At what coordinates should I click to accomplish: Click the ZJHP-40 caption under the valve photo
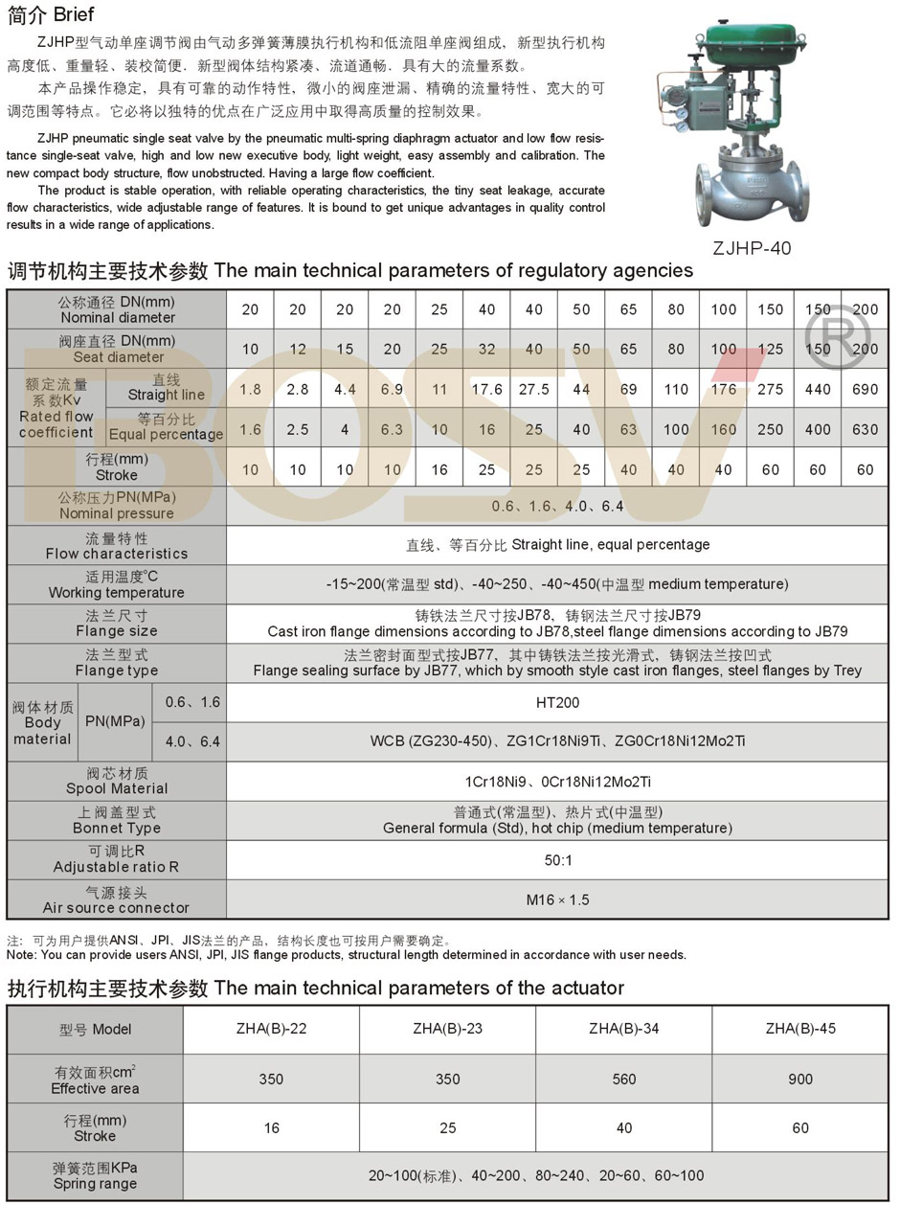coord(752,247)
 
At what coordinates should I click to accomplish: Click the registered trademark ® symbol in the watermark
coord(836,335)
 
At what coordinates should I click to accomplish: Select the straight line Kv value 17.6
coord(486,389)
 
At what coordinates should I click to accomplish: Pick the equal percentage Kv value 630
coord(865,428)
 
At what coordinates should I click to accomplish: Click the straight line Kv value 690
coord(865,389)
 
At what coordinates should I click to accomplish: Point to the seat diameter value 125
coord(770,349)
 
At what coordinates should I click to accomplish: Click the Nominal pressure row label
coord(117,506)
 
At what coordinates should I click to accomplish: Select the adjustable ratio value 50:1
coord(557,860)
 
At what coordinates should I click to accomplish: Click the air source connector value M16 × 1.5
coord(557,899)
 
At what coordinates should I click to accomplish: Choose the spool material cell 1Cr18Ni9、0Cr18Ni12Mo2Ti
coord(557,782)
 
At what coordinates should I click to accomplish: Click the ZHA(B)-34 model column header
coord(623,1029)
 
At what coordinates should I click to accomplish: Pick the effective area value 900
coord(799,1080)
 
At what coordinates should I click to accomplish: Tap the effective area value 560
coord(623,1080)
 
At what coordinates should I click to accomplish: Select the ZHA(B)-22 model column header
coord(271,1029)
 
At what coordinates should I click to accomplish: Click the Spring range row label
coord(95,1176)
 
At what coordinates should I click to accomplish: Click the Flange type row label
coord(117,663)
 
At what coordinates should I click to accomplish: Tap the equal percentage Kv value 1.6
coord(250,428)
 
